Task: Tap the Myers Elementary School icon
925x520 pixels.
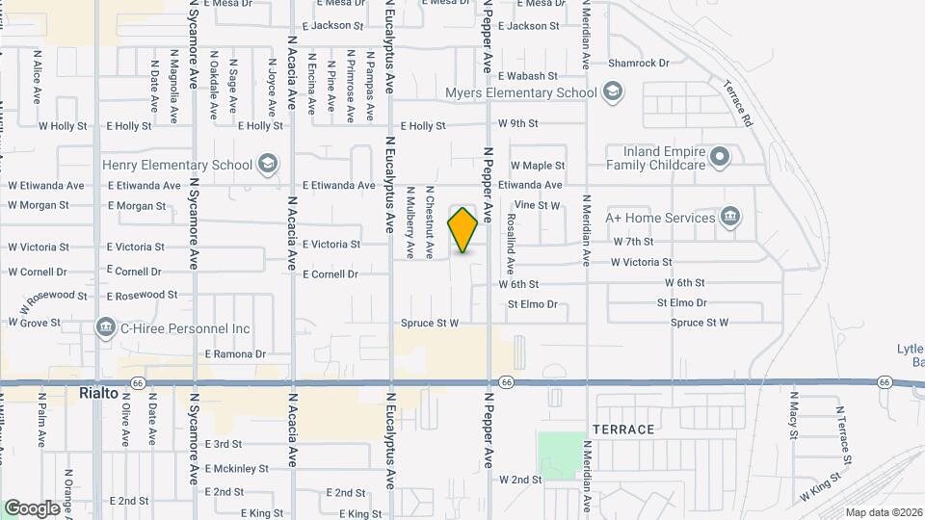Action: pyautogui.click(x=611, y=92)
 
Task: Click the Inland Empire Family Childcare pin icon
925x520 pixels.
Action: pyautogui.click(x=719, y=157)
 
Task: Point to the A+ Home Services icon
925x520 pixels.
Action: pyautogui.click(x=730, y=217)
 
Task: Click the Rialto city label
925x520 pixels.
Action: pyautogui.click(x=97, y=394)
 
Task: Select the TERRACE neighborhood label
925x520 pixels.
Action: pyautogui.click(x=623, y=429)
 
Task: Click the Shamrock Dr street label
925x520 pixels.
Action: pyautogui.click(x=638, y=64)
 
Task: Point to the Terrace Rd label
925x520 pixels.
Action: pyautogui.click(x=739, y=105)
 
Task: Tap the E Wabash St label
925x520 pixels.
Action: pyautogui.click(x=528, y=75)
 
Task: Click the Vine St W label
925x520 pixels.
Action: pyautogui.click(x=538, y=205)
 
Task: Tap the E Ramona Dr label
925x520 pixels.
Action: pyautogui.click(x=235, y=354)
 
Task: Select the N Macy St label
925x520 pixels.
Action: pyautogui.click(x=794, y=421)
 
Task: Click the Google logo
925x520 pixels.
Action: pyautogui.click(x=33, y=507)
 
